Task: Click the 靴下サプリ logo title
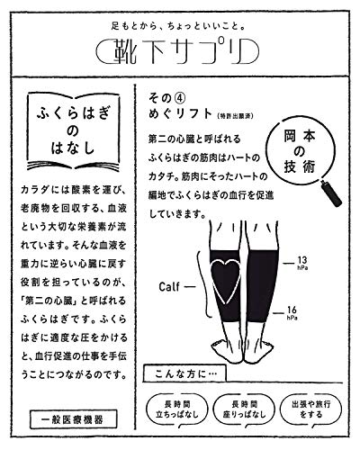point(177,51)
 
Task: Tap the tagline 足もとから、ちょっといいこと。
point(178,26)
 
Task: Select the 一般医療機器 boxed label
point(73,419)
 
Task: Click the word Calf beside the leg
point(169,287)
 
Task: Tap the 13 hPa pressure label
point(302,263)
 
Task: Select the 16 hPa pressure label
point(292,313)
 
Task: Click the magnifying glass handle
point(331,193)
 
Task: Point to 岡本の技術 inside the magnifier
point(300,152)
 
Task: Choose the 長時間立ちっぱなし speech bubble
point(177,409)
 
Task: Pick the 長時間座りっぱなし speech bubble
point(244,409)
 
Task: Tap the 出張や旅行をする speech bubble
point(310,409)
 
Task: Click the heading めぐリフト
point(181,114)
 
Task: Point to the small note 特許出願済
point(235,116)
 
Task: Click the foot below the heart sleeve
point(228,348)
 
